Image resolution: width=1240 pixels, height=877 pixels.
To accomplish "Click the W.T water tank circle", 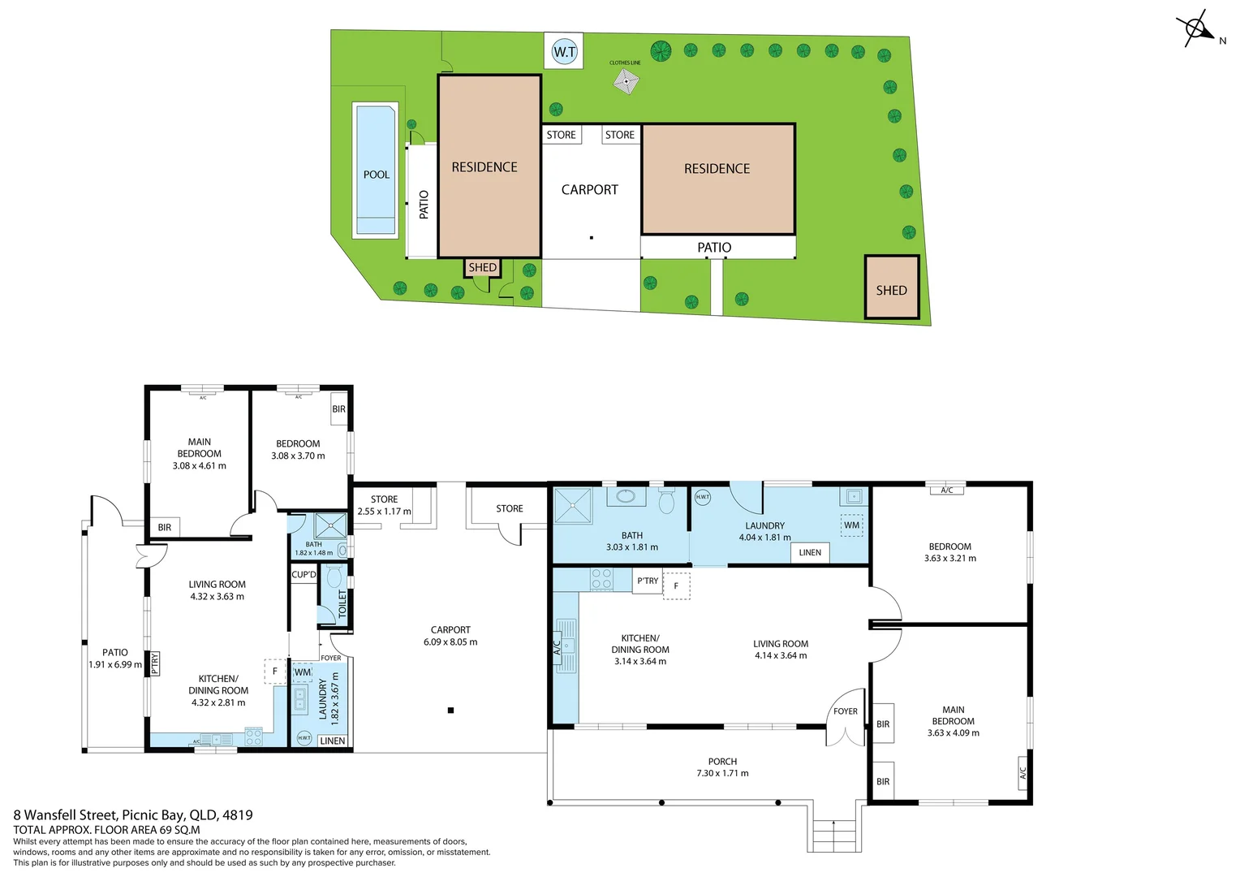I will coord(564,52).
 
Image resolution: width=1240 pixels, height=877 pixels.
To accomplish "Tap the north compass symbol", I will coord(1196,30).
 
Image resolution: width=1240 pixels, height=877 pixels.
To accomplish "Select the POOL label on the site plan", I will coord(376,175).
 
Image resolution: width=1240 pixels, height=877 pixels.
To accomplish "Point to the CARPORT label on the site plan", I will coord(589,190).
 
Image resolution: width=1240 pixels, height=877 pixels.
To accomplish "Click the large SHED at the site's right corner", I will coord(891,288).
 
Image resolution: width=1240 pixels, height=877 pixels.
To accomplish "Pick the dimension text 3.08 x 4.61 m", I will coord(199,466).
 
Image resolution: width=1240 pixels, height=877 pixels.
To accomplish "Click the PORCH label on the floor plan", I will coord(722,762).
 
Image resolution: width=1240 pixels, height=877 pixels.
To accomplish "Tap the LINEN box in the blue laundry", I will coord(809,552).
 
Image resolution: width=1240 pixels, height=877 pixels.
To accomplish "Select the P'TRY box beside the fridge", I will coord(647,581).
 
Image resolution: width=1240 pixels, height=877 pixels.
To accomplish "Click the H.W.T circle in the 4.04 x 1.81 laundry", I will coord(703,497).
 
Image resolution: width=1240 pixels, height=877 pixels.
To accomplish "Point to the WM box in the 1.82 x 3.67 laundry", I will coord(303,672).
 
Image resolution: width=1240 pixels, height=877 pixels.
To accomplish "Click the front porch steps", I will coord(835,835).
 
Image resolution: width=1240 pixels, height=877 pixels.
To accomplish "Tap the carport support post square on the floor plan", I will coord(450,711).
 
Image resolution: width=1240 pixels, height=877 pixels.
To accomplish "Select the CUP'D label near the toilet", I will coord(304,574).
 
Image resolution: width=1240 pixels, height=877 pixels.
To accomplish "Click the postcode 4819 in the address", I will coord(237,815).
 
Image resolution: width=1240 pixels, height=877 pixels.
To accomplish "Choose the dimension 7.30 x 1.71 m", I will coord(722,774).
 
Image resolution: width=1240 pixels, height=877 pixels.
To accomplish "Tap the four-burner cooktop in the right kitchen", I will coord(601,579).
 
